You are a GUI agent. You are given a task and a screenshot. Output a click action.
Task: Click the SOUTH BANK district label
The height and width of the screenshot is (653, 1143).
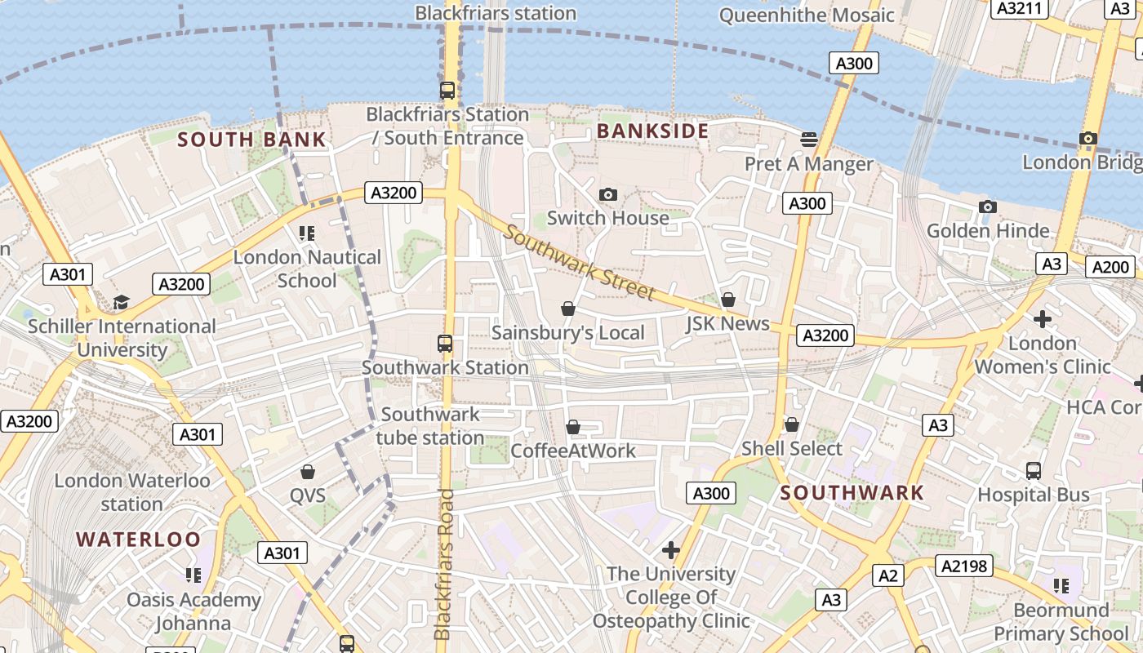pos(252,140)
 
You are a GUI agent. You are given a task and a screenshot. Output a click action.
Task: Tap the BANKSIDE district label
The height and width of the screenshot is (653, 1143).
pos(652,131)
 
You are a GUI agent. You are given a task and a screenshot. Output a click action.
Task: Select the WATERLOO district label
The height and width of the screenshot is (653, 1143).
pos(138,539)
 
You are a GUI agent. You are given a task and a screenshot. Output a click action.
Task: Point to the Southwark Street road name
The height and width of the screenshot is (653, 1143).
pos(579,263)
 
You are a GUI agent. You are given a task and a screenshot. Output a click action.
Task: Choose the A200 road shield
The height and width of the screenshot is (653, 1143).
pos(1110,267)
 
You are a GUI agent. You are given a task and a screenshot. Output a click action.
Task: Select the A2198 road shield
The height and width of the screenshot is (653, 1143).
pos(964,566)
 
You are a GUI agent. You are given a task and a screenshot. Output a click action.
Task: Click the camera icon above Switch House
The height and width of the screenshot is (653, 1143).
pos(608,194)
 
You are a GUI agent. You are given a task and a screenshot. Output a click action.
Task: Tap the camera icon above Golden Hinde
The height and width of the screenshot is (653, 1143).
pos(987,207)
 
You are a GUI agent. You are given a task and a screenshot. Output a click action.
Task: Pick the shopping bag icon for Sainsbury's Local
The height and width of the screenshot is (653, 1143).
pos(568,309)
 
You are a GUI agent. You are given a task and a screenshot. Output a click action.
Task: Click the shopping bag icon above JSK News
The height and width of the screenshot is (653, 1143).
pos(727,300)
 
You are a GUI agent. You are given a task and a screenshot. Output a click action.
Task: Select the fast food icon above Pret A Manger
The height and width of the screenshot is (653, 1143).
pos(809,140)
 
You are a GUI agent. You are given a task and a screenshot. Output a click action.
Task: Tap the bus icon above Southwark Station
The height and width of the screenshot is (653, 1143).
pos(445,344)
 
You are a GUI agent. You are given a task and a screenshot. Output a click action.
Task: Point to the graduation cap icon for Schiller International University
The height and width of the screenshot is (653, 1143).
pos(121,303)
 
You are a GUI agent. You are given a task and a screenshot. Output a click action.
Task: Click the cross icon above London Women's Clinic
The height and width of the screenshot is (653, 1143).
pos(1042,318)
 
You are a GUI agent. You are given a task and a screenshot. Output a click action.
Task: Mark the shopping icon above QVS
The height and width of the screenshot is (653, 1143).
pos(308,472)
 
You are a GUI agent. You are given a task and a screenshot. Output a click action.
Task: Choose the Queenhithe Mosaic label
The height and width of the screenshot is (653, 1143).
pos(807,15)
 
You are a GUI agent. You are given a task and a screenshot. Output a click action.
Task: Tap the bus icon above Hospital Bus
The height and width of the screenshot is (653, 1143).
pos(1034,471)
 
